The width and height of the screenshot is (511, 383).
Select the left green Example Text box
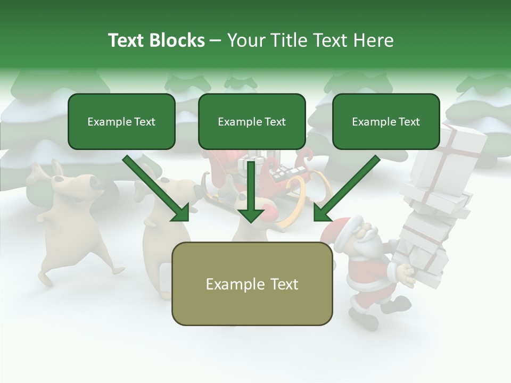coord(121,122)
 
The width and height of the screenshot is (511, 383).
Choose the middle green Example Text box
coord(252,122)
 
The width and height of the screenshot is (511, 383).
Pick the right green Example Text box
coord(386,122)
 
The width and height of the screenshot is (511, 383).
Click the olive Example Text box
coord(252,284)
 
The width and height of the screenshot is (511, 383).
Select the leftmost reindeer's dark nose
coord(96,184)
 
